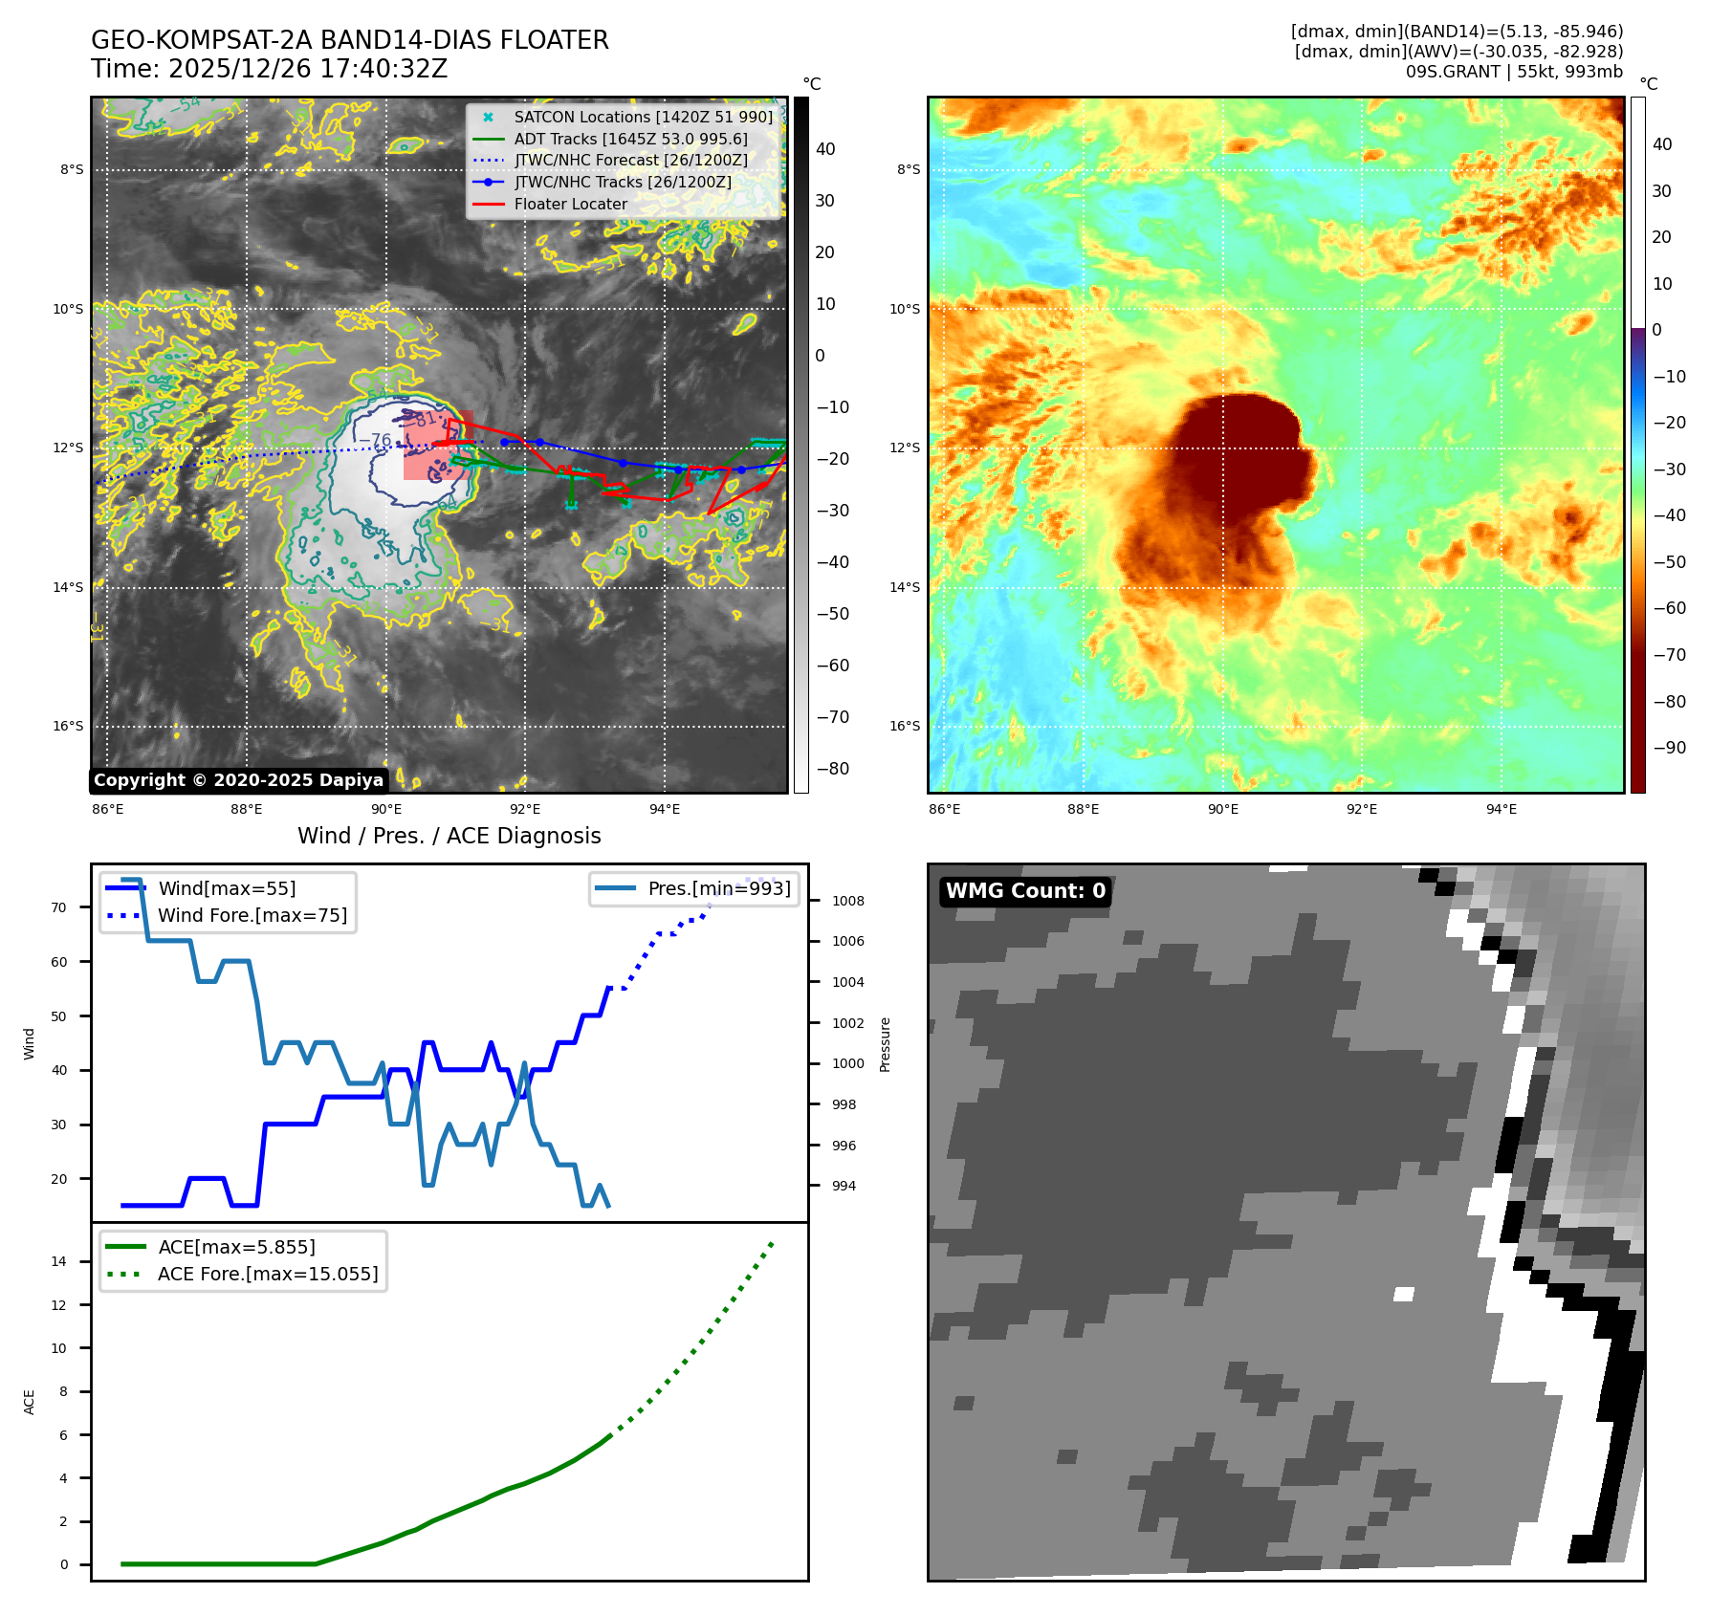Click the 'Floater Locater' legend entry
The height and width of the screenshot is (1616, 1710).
coord(570,204)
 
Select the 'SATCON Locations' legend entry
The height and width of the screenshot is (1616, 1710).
coord(643,117)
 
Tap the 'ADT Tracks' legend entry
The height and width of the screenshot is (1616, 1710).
coord(630,139)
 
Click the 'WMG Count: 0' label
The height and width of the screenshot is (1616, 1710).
coord(1025,891)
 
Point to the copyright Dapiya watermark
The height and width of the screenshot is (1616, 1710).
coord(238,780)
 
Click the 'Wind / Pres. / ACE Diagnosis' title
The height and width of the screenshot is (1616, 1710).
coord(449,836)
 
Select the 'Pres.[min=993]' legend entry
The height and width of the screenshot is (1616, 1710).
coord(719,888)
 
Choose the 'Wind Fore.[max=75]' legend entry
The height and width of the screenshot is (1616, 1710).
coord(252,915)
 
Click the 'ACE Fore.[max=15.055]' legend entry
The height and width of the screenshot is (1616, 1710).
coord(268,1274)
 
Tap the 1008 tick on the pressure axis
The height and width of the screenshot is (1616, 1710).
coord(847,901)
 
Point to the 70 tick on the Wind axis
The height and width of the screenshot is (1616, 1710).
coord(59,907)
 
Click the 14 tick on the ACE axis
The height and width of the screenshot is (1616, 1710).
coord(59,1261)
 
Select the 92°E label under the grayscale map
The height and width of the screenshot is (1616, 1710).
coord(525,810)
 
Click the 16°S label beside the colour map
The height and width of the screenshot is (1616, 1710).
coord(905,726)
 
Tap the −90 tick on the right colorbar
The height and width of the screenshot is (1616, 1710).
coord(1669,748)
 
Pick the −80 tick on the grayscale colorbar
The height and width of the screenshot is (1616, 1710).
coord(832,769)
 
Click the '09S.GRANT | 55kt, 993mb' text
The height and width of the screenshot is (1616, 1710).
coord(1514,72)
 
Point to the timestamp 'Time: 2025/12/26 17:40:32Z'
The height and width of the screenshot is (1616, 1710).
coord(269,69)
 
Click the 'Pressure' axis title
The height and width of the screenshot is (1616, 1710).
coord(885,1044)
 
